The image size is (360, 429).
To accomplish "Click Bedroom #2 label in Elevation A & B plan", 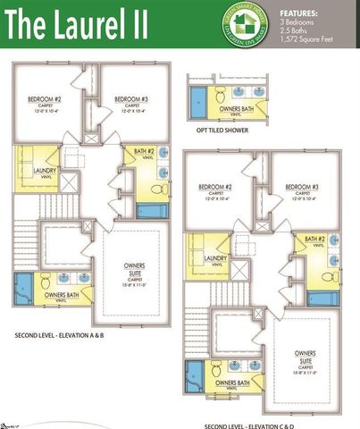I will point(43,100).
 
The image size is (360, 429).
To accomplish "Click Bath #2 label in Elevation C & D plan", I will point(314,240).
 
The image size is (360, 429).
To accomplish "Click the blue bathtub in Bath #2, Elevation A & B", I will point(152,211).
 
